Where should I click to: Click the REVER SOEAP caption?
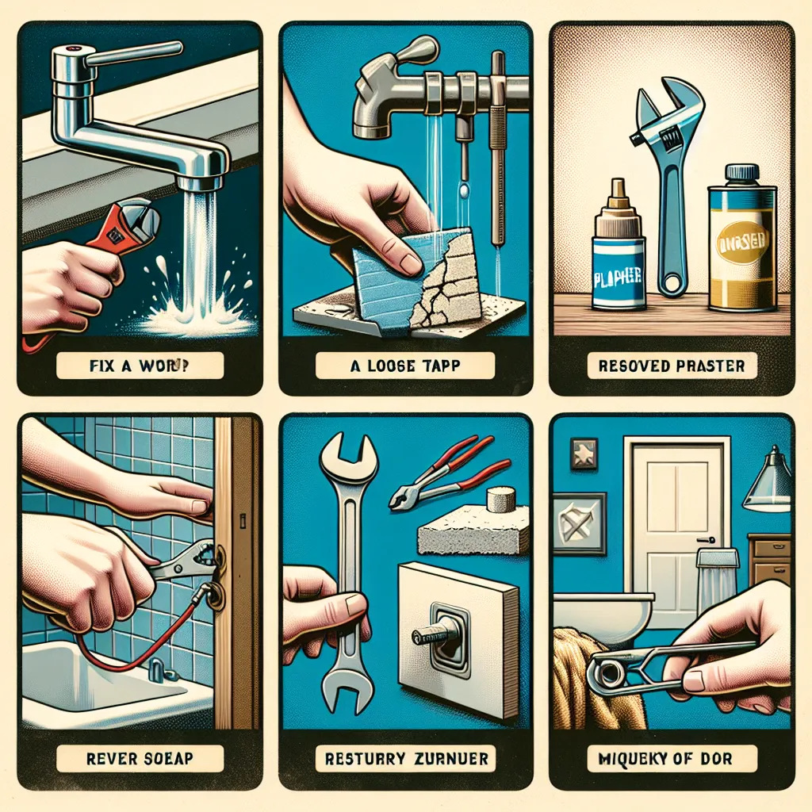coord(140,759)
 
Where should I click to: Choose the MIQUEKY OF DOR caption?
coord(670,759)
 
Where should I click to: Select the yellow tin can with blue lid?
coord(742,238)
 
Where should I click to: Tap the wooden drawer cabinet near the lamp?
coord(769,559)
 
